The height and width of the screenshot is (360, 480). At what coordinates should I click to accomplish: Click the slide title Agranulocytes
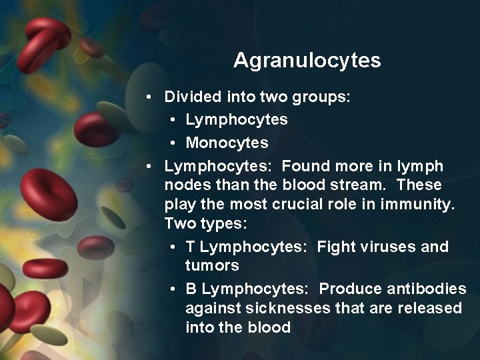click(x=307, y=61)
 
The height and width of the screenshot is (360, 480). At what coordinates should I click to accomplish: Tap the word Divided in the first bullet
click(x=192, y=97)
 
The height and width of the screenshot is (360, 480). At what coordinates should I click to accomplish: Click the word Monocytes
click(x=227, y=143)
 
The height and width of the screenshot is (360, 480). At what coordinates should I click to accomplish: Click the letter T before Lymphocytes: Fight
click(x=191, y=247)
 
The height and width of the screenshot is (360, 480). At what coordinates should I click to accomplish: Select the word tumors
click(x=212, y=267)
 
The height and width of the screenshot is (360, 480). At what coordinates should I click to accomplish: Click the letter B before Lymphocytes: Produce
click(x=191, y=289)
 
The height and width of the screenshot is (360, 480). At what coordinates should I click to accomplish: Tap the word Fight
click(x=337, y=247)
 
